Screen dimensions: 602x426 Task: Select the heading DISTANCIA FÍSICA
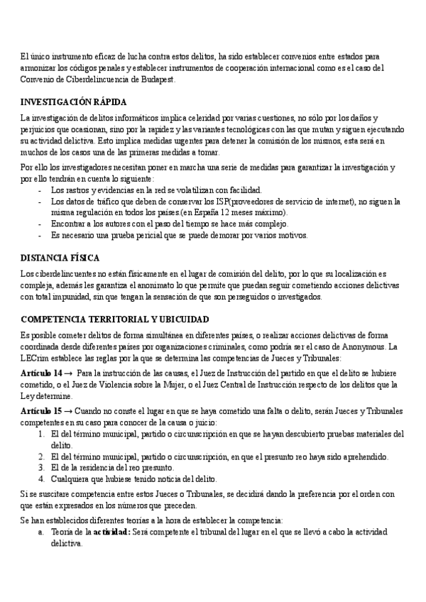60,257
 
